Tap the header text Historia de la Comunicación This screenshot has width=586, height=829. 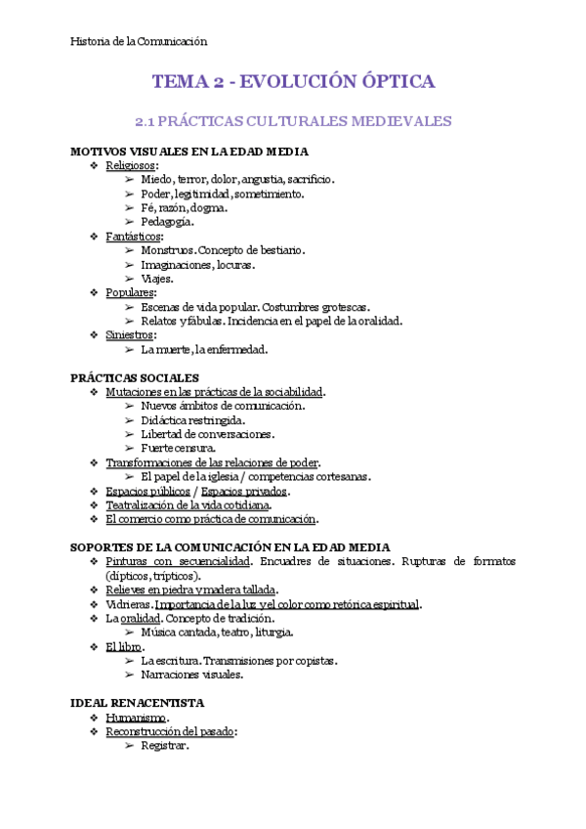140,41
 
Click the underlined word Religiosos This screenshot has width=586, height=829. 131,166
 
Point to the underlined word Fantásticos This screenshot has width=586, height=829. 134,237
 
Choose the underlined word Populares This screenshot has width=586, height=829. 129,292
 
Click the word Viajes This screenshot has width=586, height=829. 156,278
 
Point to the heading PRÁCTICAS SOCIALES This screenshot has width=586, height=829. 135,377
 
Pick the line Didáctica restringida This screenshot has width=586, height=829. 192,419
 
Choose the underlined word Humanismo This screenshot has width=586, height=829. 136,718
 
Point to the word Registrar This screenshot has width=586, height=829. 164,746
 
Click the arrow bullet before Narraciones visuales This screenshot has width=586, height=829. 130,675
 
